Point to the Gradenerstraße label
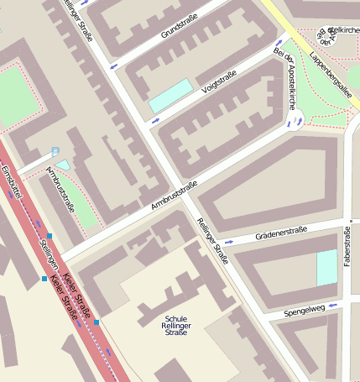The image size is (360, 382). (281, 232)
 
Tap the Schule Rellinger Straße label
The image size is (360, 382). (176, 324)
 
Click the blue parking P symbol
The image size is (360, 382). (55, 152)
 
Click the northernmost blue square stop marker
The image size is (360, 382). (50, 236)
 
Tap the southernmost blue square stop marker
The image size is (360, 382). (97, 322)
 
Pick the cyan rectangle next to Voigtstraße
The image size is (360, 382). (170, 96)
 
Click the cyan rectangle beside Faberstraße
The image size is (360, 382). (326, 268)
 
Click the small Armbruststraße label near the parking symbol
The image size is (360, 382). (60, 189)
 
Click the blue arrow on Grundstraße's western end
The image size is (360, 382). (112, 65)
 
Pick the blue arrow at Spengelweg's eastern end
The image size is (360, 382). (331, 306)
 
